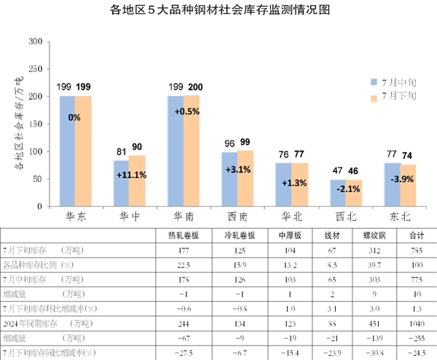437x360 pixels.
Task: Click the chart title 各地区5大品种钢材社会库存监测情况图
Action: [219, 10]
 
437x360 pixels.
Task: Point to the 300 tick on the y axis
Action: [34, 41]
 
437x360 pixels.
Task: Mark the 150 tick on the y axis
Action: [34, 124]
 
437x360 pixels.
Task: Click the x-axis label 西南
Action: [237, 217]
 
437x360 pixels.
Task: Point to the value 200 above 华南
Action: [195, 88]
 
